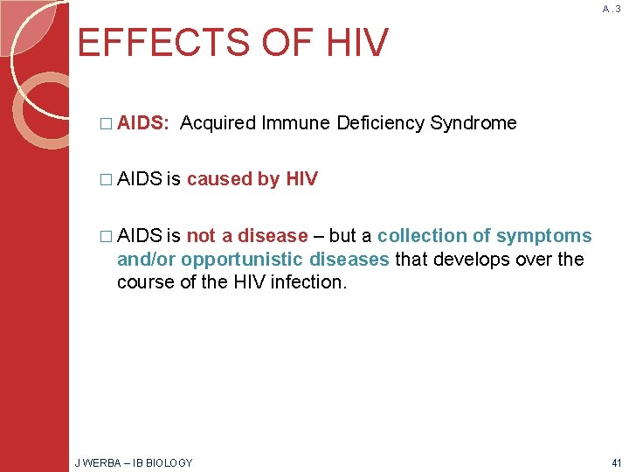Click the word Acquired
(x=218, y=123)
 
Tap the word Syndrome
(x=473, y=123)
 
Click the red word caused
(x=218, y=179)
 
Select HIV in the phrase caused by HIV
(x=301, y=179)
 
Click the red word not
(x=200, y=236)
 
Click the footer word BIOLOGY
(x=170, y=462)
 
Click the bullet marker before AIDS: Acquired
(x=107, y=123)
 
